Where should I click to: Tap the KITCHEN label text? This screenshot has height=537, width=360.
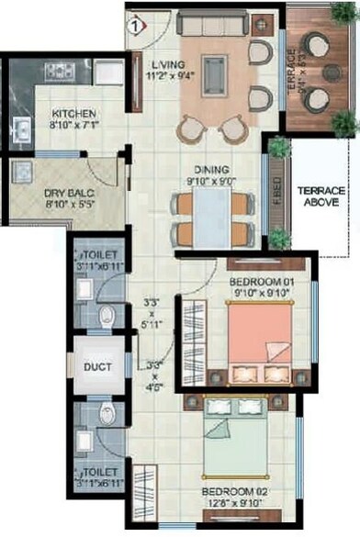pos(74,114)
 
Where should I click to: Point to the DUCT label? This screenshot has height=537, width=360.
pos(98,367)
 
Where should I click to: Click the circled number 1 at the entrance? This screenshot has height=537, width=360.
pos(135,25)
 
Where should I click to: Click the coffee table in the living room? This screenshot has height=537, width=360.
pos(215,70)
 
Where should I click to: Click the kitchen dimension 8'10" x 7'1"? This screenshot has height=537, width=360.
pos(74,126)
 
